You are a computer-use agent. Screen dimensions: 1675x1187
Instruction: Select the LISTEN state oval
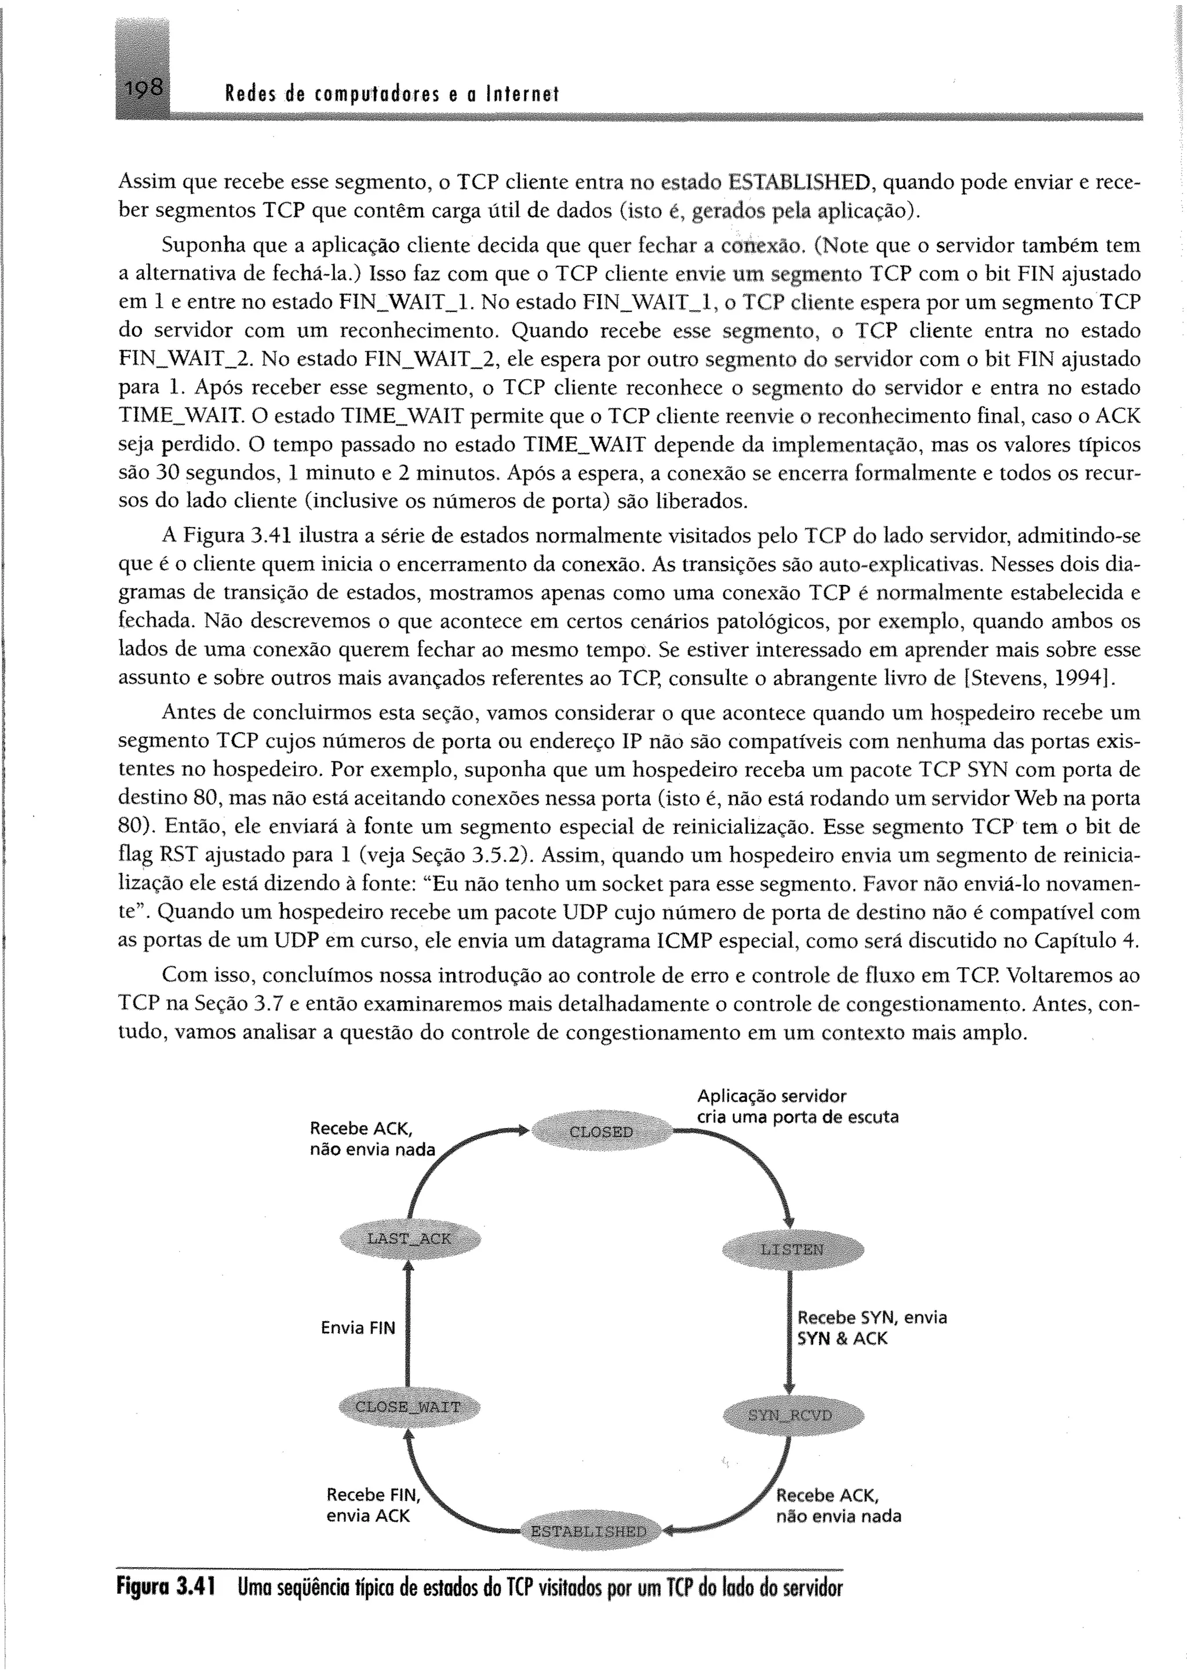pos(792,1249)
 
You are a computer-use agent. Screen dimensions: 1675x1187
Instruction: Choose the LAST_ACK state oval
pos(409,1238)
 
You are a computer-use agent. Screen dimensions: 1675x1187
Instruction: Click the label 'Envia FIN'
pos(358,1328)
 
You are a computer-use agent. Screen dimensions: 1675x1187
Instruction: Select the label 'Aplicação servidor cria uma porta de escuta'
pos(797,1106)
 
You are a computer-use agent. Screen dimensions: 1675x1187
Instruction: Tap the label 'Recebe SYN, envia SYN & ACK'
pos(871,1328)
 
